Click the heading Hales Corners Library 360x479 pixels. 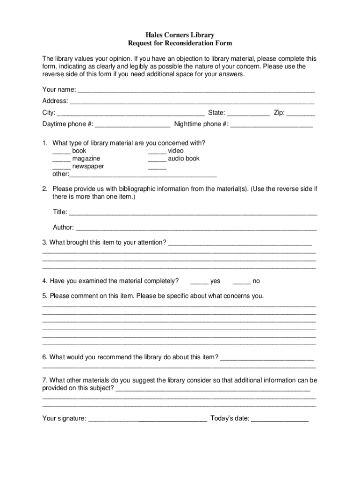(x=180, y=35)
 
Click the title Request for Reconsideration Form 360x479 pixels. (x=180, y=43)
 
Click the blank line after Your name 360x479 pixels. (x=196, y=90)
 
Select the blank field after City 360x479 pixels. (x=130, y=113)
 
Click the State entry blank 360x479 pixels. (x=248, y=113)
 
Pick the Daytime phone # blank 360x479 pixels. (x=132, y=125)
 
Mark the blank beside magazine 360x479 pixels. (x=61, y=159)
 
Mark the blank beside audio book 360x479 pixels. (x=157, y=159)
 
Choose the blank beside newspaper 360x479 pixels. (x=61, y=167)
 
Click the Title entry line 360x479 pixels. (x=193, y=213)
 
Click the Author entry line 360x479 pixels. (x=196, y=228)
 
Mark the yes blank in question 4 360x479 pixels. (x=200, y=282)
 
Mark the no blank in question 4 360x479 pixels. (x=242, y=282)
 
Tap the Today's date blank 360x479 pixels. (x=280, y=419)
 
